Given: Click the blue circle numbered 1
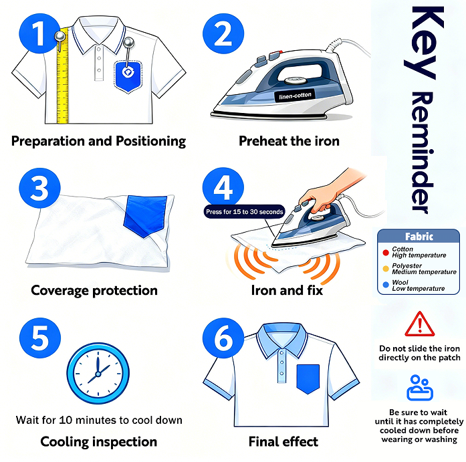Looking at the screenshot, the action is pos(39,33).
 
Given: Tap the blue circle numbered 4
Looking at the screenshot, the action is pos(223,188).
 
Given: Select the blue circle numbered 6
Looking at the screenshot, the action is pos(223,338).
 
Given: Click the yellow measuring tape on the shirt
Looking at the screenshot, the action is pos(63,76).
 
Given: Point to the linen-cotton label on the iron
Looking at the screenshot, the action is pos(295,96).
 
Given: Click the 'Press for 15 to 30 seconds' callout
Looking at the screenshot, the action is pos(244,211).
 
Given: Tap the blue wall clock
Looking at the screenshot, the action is pos(98,373).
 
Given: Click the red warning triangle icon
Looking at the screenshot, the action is pos(420,324).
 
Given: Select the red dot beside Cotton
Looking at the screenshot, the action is pos(386,253).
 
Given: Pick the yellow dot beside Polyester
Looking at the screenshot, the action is pos(386,269).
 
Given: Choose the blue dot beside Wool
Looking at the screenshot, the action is pos(386,285).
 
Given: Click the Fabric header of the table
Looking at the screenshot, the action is pos(419,236).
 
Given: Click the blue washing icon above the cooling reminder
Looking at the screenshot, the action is pos(420,388).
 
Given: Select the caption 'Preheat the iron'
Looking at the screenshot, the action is pos(289,141).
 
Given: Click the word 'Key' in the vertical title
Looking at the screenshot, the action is pos(423,43).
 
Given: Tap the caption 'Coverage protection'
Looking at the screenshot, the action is pos(94,291).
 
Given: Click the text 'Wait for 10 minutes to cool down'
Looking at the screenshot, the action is pos(99,420).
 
